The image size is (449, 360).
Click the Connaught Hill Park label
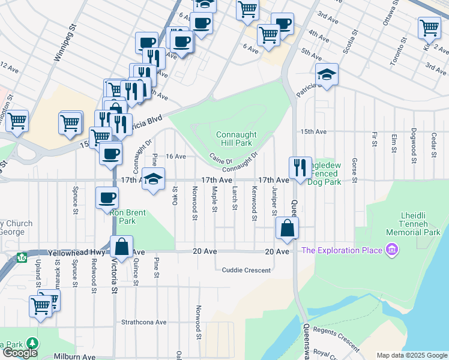[x=235, y=139]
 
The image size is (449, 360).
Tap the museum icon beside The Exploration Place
[x=393, y=249]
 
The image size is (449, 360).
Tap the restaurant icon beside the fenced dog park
[x=300, y=166]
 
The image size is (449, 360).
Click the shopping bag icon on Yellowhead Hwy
[x=121, y=247]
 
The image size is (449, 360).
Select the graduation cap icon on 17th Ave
[x=154, y=178]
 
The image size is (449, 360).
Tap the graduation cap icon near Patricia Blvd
[x=327, y=74]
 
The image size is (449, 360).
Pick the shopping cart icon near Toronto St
[x=429, y=27]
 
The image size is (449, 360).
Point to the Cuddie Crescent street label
[x=246, y=270]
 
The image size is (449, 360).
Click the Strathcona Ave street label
[x=144, y=322]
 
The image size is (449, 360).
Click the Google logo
[x=20, y=353]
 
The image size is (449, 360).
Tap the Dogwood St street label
[x=414, y=145]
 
